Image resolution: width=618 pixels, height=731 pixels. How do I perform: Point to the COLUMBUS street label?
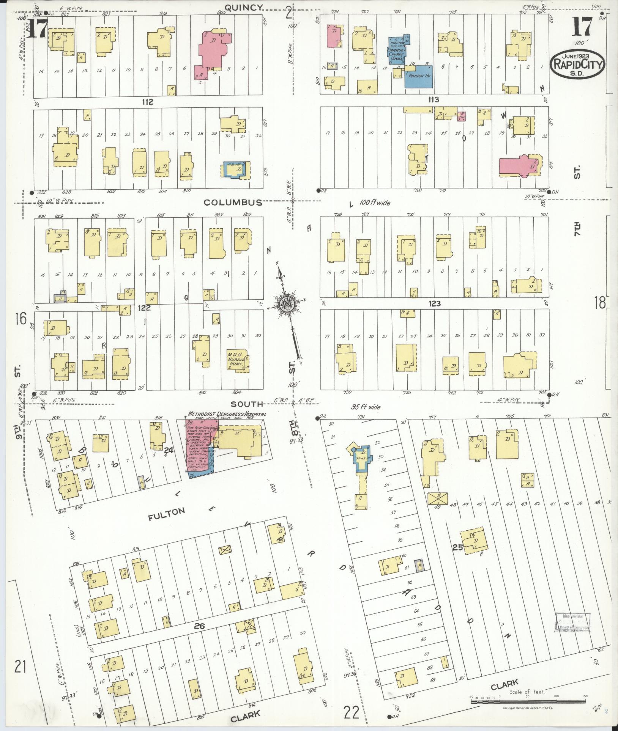click(233, 202)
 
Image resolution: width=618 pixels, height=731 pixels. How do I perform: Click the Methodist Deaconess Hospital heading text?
click(226, 414)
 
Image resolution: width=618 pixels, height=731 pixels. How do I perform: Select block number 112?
click(148, 102)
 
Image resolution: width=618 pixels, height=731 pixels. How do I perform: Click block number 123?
click(434, 303)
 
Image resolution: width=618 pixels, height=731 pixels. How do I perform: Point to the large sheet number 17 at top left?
click(37, 28)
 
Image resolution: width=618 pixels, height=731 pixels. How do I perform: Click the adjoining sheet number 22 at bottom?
click(351, 712)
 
